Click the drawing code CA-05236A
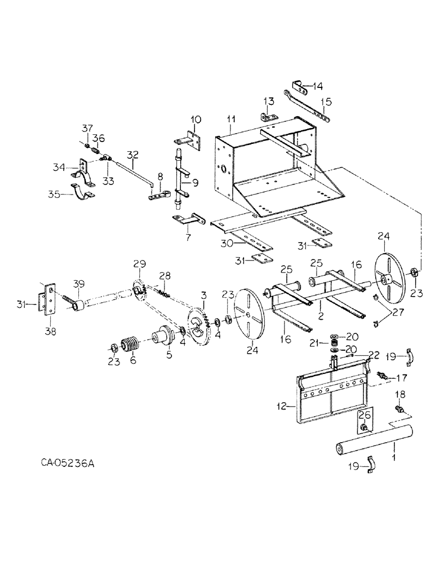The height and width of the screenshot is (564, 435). coord(67,464)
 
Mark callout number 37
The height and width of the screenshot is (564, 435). coord(87,127)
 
